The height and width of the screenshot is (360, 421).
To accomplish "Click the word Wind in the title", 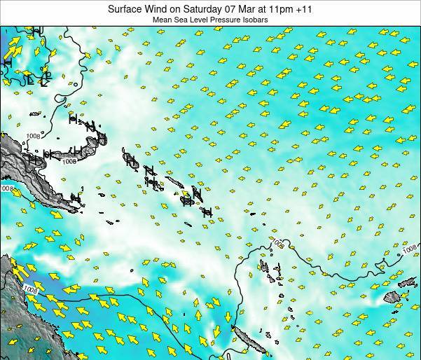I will pos(159,9).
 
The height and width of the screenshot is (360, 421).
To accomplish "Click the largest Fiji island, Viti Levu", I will pos(391,298).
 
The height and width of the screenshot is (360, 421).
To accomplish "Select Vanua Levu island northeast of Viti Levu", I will pos(407,282).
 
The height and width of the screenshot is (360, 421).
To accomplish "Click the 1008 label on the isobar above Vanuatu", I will pos(278,243).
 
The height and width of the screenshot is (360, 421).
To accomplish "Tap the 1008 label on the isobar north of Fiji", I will pos(410,249).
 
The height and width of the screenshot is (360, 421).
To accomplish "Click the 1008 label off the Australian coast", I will pos(29,289).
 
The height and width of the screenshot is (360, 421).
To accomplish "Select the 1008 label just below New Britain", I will pos(68,162).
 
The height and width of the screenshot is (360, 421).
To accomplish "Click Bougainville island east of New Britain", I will pos(130,160).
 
